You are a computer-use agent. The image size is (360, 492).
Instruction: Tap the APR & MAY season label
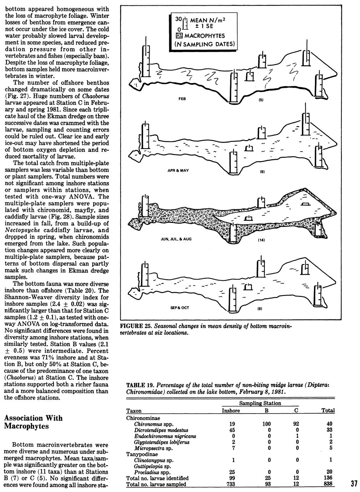pyautogui.click(x=178, y=170)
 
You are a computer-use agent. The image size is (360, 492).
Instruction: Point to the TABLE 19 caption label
pyautogui.click(x=139, y=385)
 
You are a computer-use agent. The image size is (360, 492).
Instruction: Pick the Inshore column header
pyautogui.click(x=231, y=410)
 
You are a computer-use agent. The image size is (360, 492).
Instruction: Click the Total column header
pyautogui.click(x=328, y=410)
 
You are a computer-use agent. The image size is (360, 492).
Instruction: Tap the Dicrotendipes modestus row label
pyautogui.click(x=161, y=430)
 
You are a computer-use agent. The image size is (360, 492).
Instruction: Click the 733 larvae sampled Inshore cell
pyautogui.click(x=231, y=484)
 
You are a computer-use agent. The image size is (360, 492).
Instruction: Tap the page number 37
pyautogui.click(x=354, y=484)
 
